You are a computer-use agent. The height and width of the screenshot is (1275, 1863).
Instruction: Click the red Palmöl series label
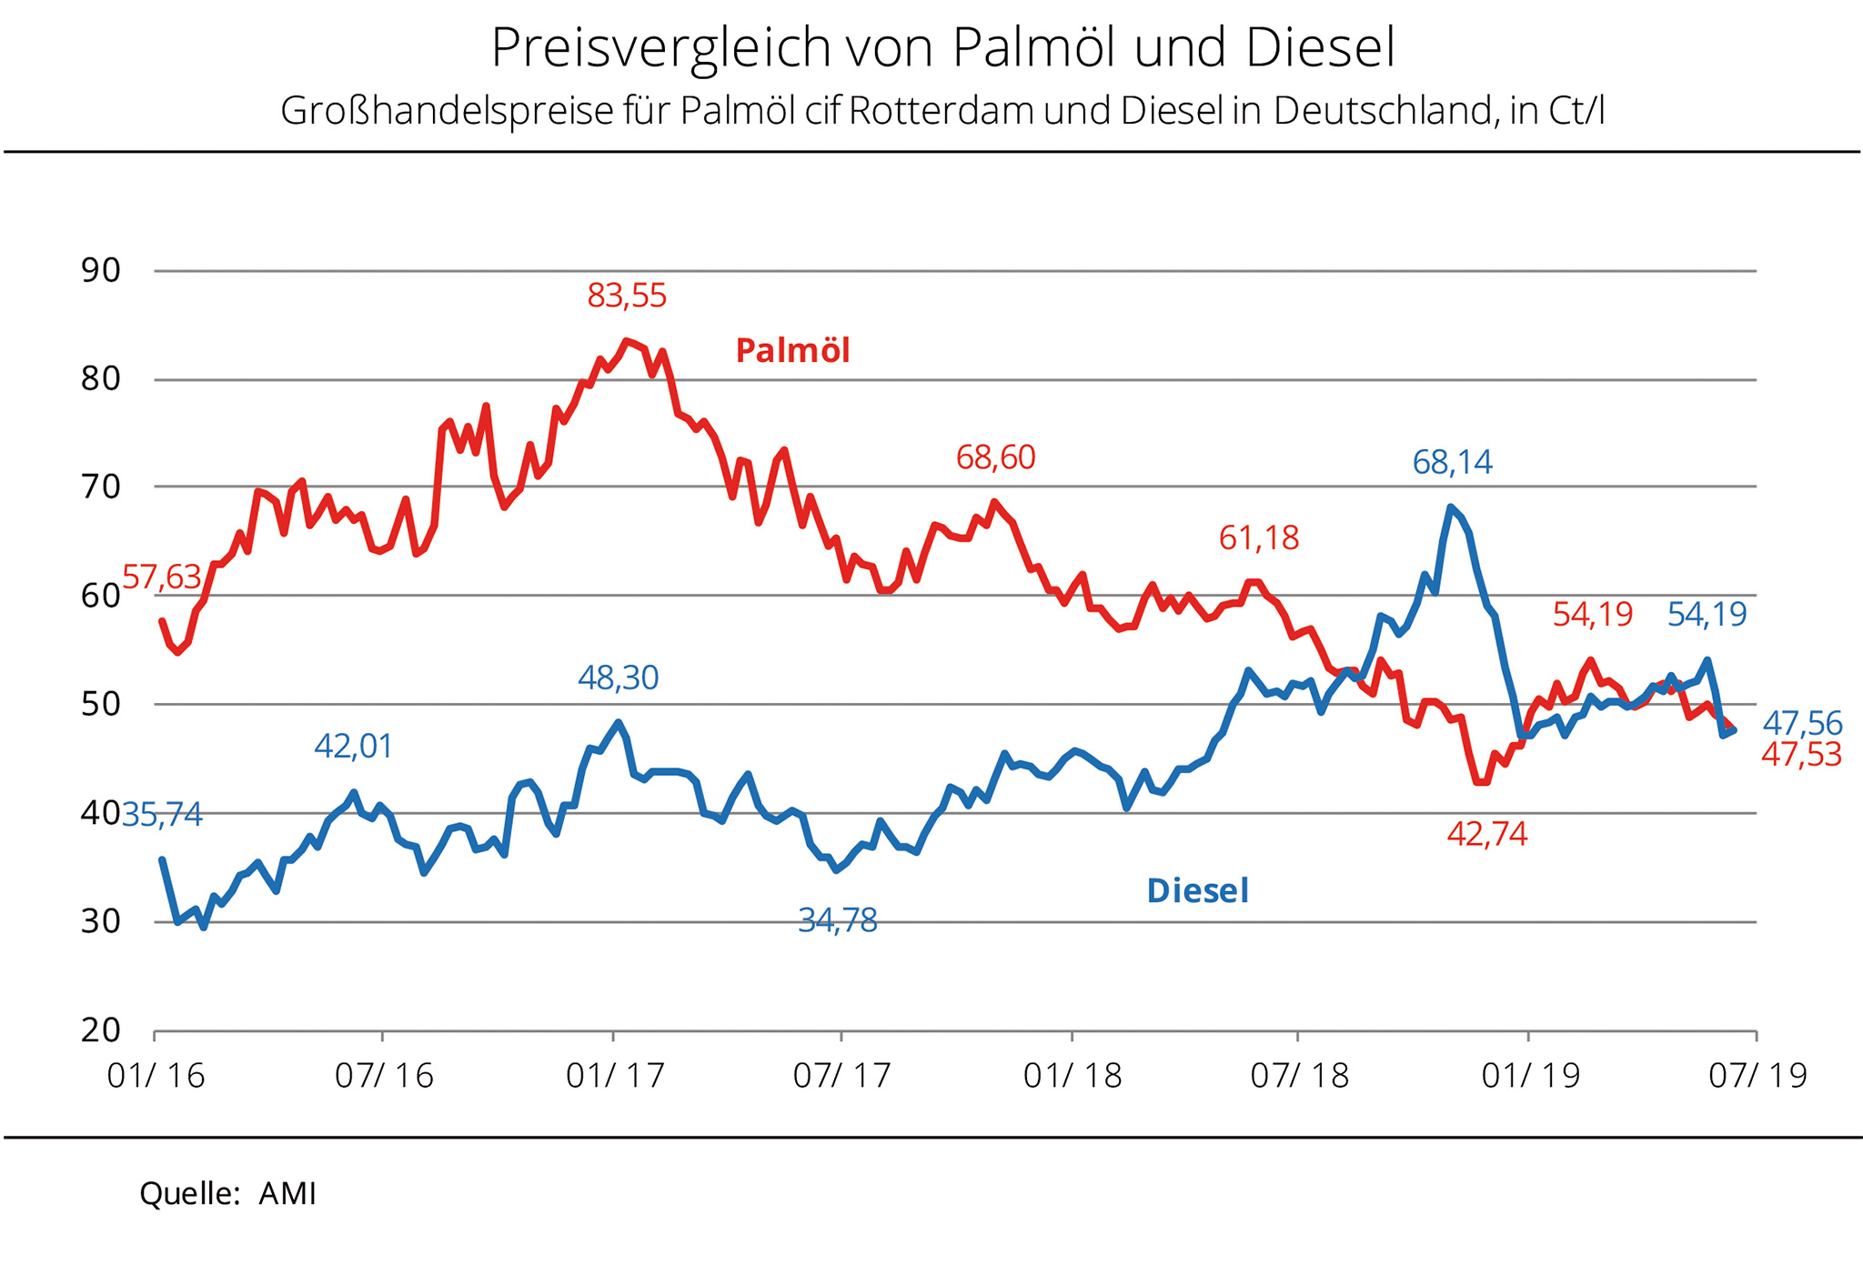point(792,351)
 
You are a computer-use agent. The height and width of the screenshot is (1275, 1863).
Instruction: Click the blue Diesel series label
point(1197,891)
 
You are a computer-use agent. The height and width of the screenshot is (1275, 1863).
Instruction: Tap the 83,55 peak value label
point(627,296)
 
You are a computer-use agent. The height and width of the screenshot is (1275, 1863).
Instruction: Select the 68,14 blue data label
point(1452,463)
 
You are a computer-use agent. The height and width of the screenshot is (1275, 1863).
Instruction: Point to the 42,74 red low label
point(1486,834)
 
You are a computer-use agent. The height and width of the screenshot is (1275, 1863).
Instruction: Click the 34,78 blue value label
point(837,921)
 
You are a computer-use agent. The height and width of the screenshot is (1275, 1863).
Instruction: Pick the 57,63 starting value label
point(161,577)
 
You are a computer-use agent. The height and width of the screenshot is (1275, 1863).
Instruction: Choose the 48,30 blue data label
point(618,678)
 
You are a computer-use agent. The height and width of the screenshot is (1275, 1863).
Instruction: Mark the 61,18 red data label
point(1258,538)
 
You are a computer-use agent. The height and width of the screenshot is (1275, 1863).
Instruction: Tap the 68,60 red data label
point(995,457)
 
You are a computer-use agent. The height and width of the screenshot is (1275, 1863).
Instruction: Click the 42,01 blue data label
point(353,747)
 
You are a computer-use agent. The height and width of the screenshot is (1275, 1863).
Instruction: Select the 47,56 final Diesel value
point(1802,724)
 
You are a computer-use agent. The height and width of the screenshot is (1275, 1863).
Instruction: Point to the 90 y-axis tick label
point(101,271)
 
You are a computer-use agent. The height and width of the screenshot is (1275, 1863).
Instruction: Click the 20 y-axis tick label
point(101,1030)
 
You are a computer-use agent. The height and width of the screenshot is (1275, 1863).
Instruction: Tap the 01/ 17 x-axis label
point(615,1076)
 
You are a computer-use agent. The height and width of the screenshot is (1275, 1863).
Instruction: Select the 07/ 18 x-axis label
point(1299,1076)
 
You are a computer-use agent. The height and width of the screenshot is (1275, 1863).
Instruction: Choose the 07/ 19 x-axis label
point(1757,1076)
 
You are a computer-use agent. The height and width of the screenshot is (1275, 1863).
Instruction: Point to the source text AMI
point(287,1193)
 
